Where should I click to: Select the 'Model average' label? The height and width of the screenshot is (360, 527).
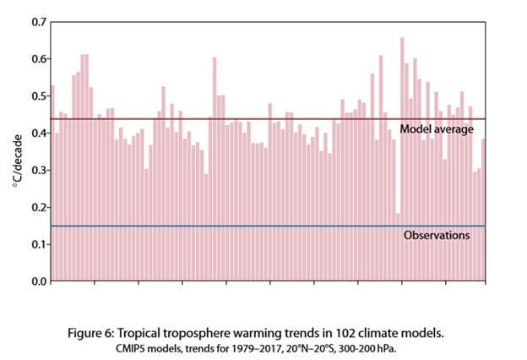[437, 128]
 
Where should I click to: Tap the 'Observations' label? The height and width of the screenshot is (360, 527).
[437, 235]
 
